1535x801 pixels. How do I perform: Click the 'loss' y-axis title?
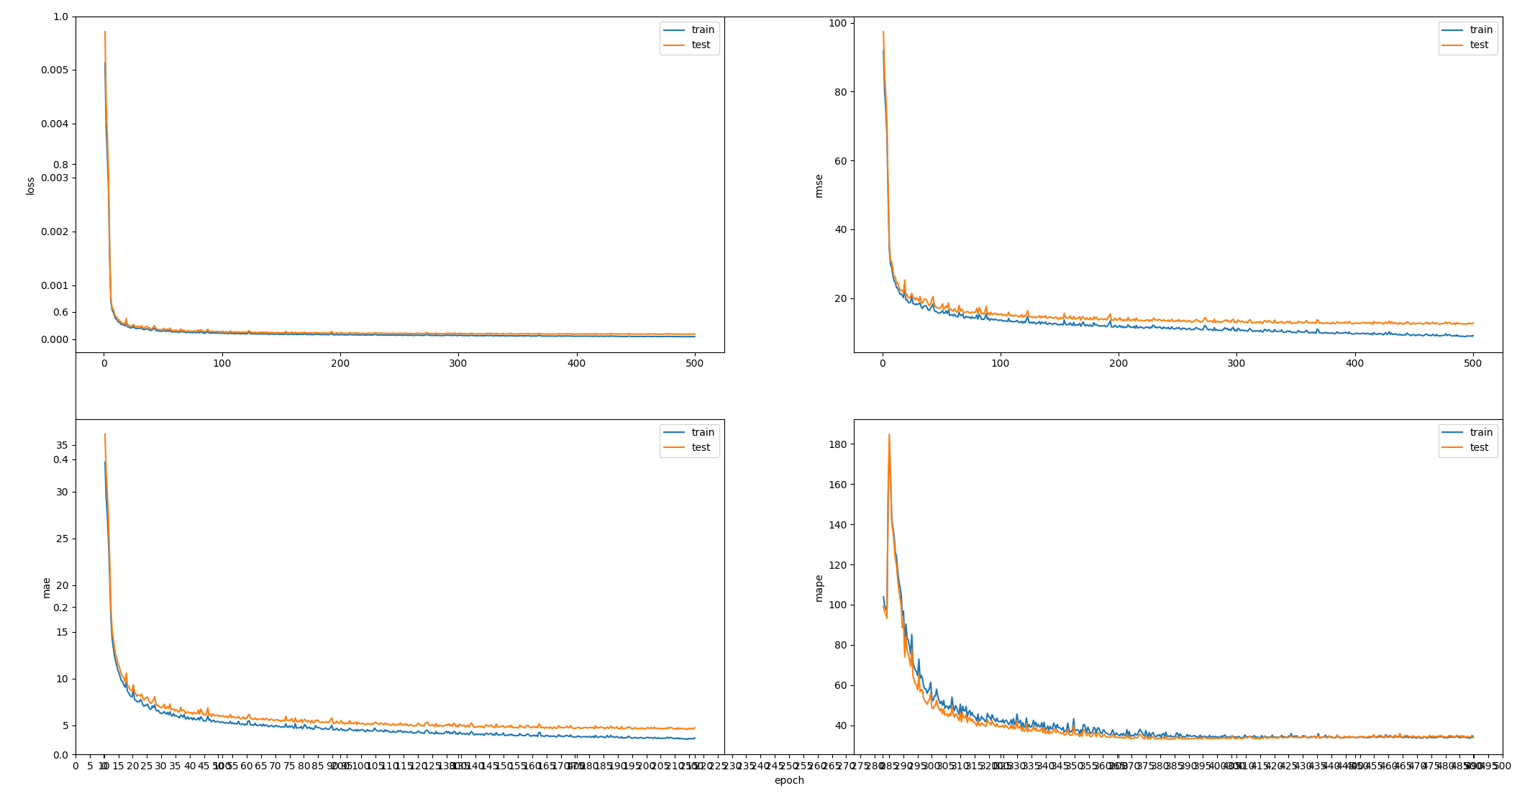point(30,186)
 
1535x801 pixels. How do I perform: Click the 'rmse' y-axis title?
point(819,186)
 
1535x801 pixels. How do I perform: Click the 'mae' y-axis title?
point(46,587)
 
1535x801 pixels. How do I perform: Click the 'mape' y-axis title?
point(819,587)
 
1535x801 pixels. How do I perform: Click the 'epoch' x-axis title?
point(788,780)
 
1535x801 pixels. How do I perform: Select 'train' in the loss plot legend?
point(702,29)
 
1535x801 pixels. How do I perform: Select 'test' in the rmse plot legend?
point(1479,45)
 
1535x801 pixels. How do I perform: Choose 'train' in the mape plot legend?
point(1480,432)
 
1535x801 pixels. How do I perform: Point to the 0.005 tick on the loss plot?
point(55,70)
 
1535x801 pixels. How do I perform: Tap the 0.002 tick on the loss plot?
point(55,232)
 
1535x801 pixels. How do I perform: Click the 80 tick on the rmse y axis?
point(839,92)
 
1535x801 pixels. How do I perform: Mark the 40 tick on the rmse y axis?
point(839,229)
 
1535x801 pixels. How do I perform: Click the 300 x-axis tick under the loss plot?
point(457,364)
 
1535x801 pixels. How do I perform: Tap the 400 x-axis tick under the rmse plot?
point(1354,364)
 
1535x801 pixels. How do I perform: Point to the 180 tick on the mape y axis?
point(836,444)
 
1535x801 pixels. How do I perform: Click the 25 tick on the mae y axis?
point(61,539)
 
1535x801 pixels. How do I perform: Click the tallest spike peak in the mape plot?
point(889,434)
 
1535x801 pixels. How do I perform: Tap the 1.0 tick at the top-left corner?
point(60,17)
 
